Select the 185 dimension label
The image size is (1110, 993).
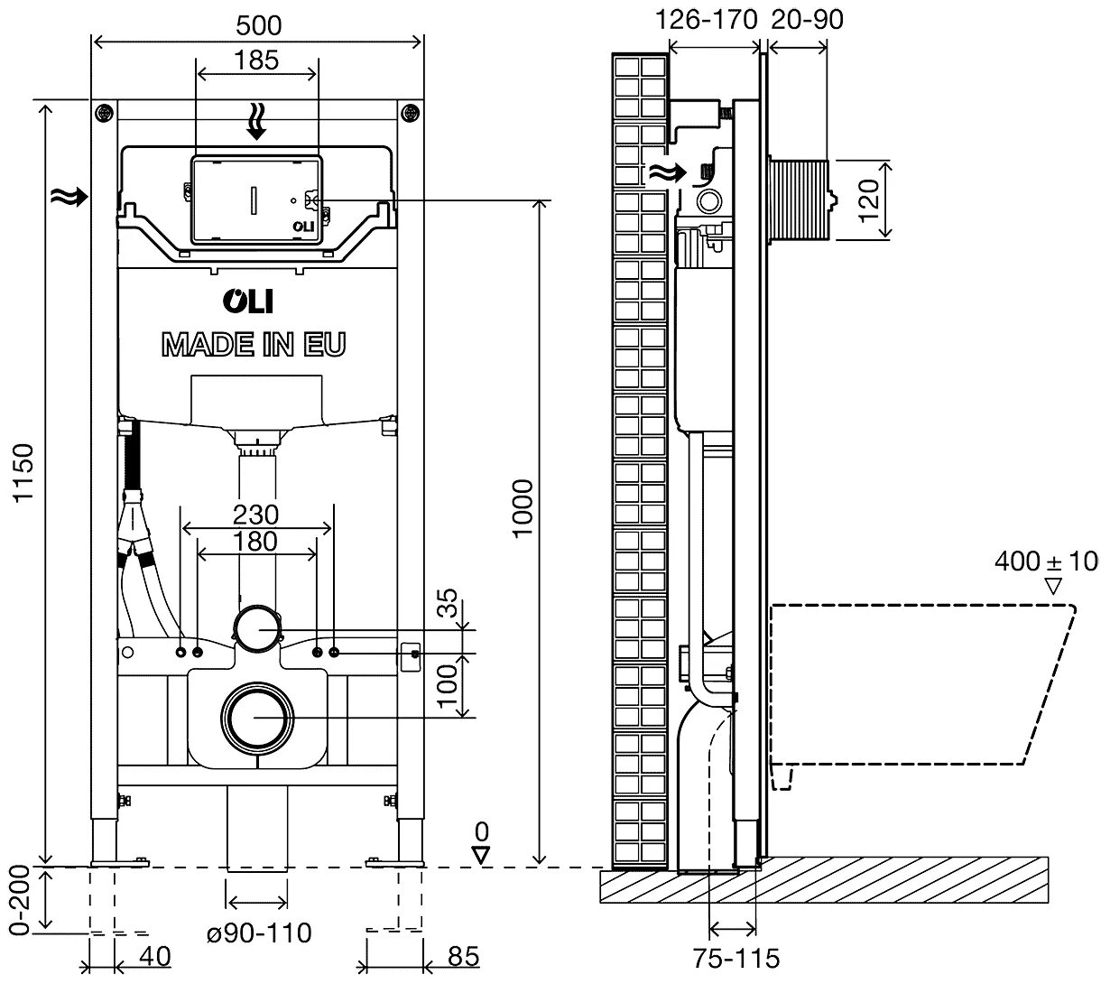tap(257, 60)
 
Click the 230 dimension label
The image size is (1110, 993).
tap(256, 515)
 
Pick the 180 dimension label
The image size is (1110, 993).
tap(256, 542)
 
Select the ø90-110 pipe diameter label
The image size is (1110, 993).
tap(259, 932)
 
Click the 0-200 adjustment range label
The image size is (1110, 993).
tap(23, 899)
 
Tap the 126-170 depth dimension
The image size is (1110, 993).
tap(707, 19)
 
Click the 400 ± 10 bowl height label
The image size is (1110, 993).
tap(1047, 561)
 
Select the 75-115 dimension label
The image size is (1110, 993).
tap(736, 957)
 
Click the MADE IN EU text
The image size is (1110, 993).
tap(254, 344)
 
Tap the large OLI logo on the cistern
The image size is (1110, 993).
tap(248, 302)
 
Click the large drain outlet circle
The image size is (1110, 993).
tap(256, 718)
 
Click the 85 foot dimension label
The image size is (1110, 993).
tap(464, 956)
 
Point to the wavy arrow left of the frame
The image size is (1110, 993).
tap(69, 194)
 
